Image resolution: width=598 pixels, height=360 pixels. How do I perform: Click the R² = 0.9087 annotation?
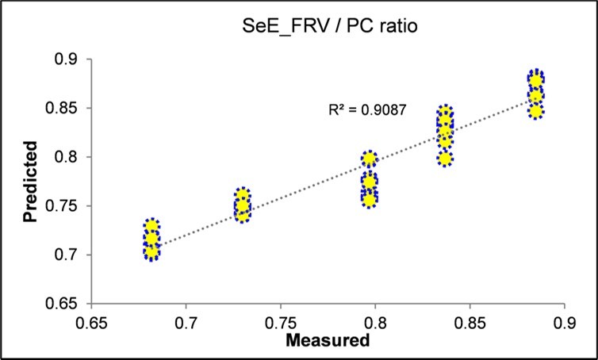367,110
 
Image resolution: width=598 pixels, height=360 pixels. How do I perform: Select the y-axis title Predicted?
30,181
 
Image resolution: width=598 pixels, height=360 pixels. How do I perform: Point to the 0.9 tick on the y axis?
67,59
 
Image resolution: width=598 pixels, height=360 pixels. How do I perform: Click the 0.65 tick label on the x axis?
92,323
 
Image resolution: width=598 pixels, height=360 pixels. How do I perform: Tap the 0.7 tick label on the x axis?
186,323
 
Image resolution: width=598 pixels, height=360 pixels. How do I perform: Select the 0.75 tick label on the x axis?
281,323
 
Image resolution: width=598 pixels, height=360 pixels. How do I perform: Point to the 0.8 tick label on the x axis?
375,323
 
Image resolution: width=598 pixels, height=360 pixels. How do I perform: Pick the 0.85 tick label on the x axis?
469,323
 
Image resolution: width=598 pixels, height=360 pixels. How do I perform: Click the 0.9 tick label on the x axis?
563,323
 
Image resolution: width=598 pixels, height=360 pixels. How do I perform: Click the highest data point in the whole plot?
536,79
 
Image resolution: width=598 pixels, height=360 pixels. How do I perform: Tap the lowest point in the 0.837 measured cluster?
446,159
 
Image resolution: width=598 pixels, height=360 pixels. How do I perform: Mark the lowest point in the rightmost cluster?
536,111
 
